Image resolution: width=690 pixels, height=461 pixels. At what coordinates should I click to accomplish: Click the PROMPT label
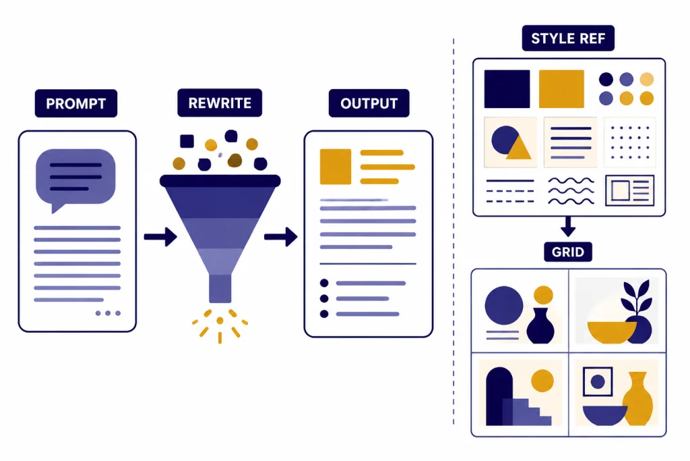76,103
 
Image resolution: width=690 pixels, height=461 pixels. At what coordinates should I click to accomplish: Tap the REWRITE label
220,103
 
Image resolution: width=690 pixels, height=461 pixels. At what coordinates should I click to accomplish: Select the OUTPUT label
369,103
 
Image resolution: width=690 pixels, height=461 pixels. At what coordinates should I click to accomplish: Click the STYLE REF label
568,38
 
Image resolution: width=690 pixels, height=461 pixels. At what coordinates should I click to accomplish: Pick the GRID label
567,252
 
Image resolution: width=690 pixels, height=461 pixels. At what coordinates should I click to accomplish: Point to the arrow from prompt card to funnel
160,237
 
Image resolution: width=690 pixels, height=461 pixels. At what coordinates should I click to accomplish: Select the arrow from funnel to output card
281,237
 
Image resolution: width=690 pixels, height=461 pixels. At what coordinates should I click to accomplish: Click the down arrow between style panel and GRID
567,226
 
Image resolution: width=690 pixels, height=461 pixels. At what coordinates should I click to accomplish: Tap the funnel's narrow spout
220,289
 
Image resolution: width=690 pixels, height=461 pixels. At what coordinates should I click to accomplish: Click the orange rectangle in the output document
336,167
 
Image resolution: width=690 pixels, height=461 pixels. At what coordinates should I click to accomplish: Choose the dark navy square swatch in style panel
507,88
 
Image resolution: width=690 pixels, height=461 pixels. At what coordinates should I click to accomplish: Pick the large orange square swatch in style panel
561,88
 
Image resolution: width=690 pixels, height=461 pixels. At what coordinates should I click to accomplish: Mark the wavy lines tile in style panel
571,191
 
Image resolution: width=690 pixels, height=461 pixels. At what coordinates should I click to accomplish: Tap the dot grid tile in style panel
630,142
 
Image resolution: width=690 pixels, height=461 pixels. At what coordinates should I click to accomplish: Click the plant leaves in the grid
636,296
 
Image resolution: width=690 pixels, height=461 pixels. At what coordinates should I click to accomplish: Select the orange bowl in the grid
612,332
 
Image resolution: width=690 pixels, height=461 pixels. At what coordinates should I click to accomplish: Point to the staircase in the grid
527,412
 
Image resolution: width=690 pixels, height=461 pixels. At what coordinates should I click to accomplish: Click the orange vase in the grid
639,400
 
